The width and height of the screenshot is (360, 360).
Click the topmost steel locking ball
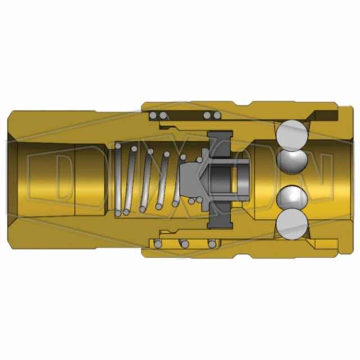(293, 136)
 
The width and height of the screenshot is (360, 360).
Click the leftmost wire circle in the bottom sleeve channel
(159, 244)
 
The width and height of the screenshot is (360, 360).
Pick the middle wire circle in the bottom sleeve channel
(183, 244)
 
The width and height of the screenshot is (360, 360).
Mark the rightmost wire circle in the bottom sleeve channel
(211, 244)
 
